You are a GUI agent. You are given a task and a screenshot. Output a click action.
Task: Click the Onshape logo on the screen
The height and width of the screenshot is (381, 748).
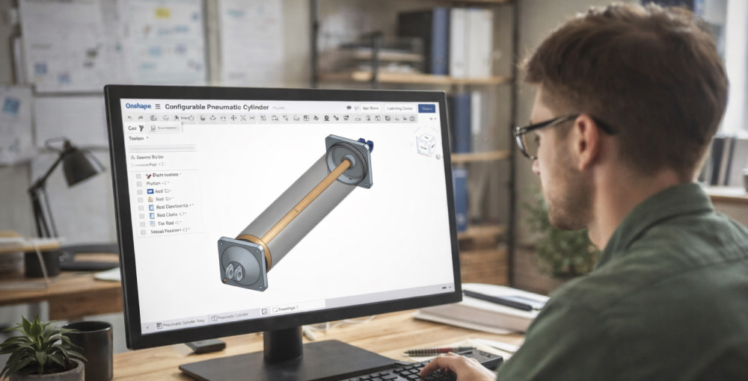point(138,107)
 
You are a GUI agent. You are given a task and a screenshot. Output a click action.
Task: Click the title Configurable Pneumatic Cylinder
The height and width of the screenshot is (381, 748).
point(216,108)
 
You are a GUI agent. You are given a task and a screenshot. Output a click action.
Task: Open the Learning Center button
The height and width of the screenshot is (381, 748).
point(399,108)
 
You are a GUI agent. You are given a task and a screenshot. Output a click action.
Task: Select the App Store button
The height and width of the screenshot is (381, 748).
point(370,108)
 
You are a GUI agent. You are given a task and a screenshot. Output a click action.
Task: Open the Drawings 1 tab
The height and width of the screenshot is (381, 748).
point(287,309)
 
